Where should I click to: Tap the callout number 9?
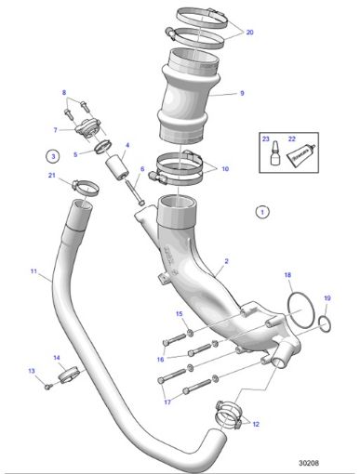tap(241, 93)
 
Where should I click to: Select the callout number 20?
tap(249, 31)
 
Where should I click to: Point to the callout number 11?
tap(33, 272)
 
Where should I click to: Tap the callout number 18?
tap(287, 275)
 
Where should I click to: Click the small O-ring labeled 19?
tap(324, 322)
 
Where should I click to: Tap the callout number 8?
tap(64, 94)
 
